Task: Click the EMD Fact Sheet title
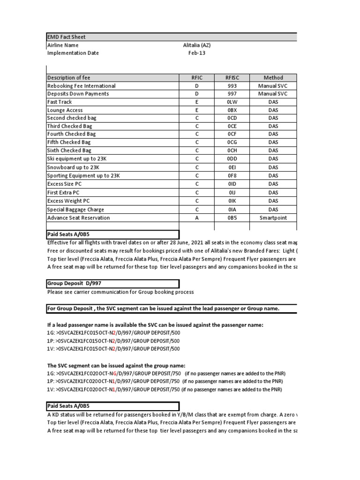click(67, 37)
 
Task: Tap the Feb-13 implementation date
click(197, 53)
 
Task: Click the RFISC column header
click(232, 78)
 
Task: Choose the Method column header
click(273, 78)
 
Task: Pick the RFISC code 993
click(232, 86)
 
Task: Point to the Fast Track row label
click(59, 102)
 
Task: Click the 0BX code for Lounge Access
click(232, 110)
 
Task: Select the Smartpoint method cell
click(273, 218)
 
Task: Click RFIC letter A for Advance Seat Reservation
click(197, 218)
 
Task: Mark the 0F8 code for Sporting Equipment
click(232, 176)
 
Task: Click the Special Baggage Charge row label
click(75, 210)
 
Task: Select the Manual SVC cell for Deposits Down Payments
click(273, 94)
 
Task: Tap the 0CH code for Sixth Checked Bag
click(232, 150)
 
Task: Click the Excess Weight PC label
click(68, 201)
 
